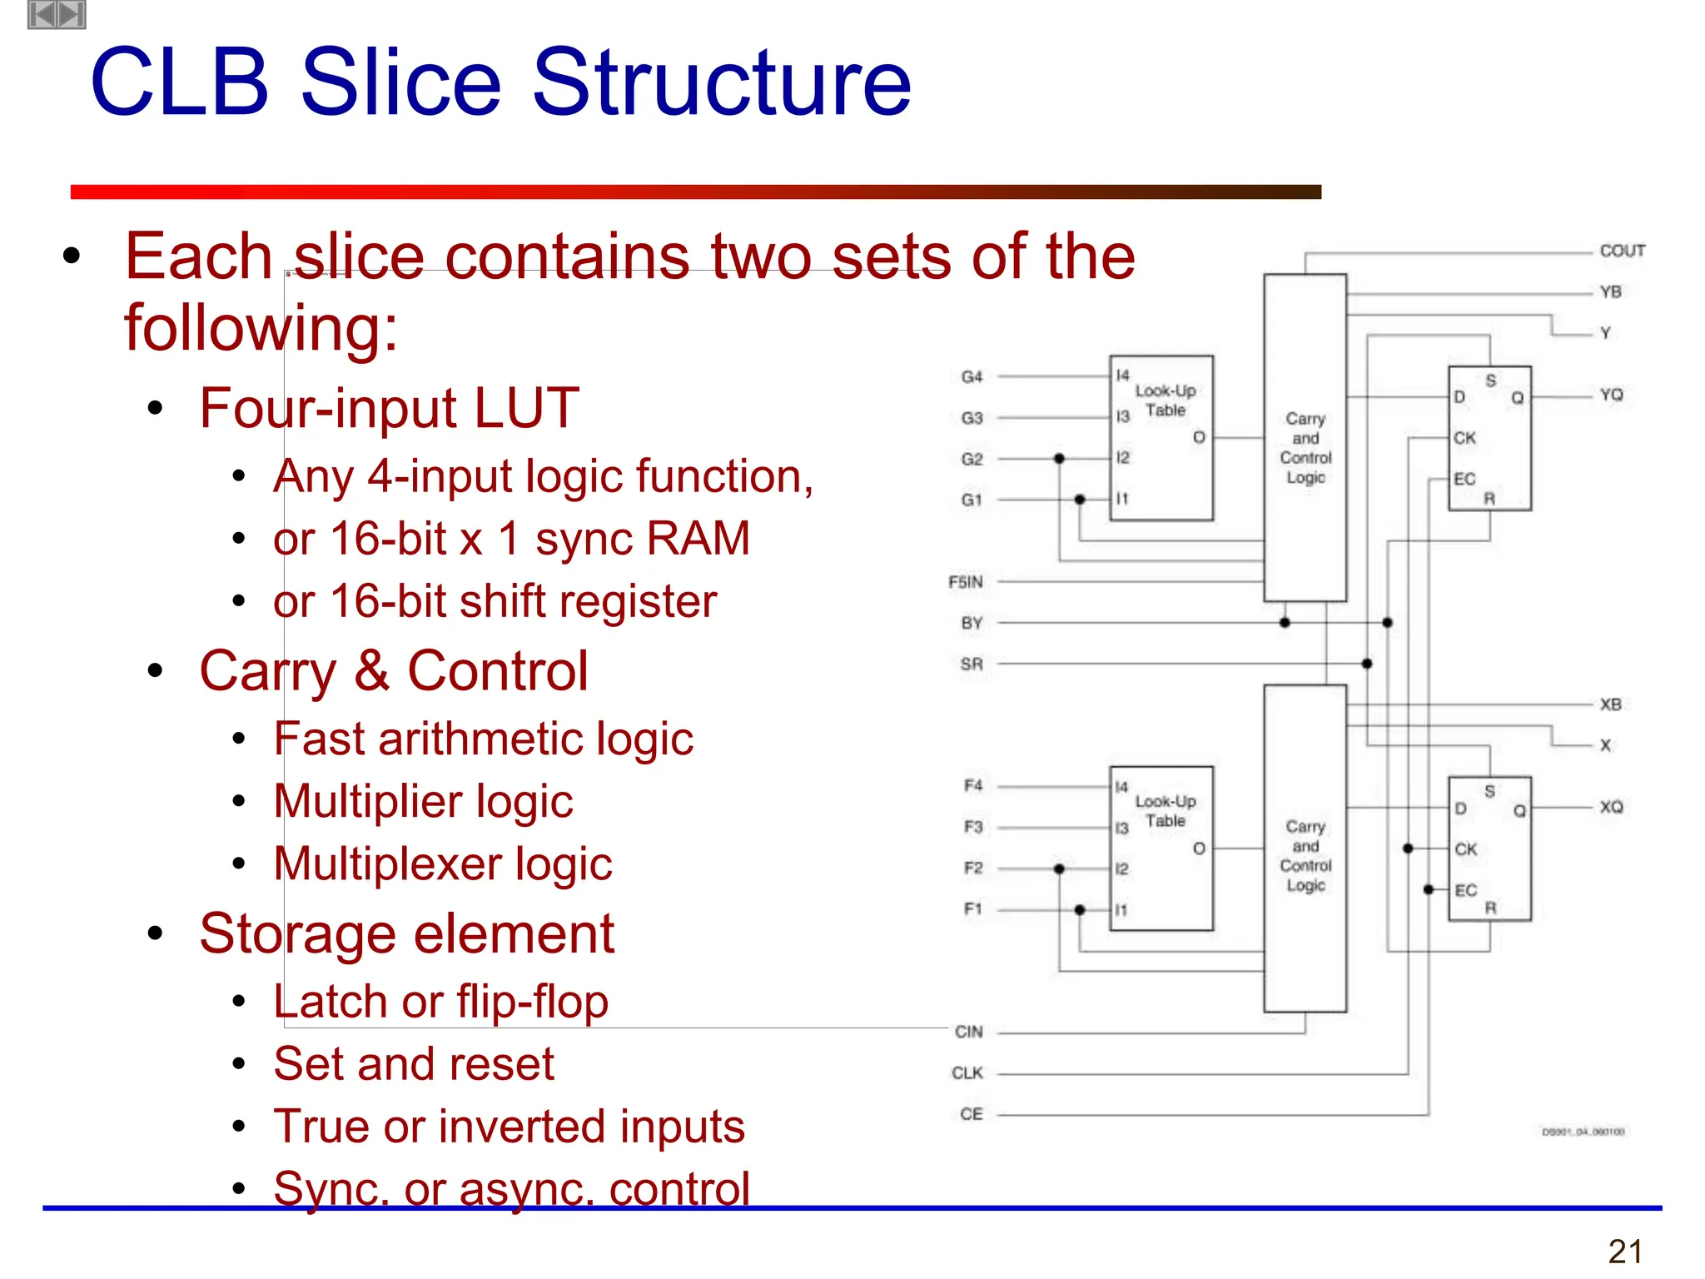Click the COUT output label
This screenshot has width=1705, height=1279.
[x=1622, y=251]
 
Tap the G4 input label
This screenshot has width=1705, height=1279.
[x=972, y=377]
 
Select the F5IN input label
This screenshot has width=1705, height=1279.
[x=965, y=581]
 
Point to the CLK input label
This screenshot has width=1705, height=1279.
[x=967, y=1072]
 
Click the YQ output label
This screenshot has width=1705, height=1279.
[x=1611, y=395]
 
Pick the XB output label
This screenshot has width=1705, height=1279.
[x=1610, y=704]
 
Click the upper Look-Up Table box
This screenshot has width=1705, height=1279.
[x=1161, y=438]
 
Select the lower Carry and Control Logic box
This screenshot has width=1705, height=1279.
[x=1305, y=848]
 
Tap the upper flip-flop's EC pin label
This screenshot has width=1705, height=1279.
[x=1464, y=479]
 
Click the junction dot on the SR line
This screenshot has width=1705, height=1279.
[x=1367, y=664]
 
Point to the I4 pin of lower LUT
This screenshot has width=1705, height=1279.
[x=1121, y=787]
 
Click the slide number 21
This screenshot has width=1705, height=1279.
[x=1625, y=1252]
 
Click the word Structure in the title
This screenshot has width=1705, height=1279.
[x=721, y=82]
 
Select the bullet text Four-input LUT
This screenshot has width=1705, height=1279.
[x=389, y=408]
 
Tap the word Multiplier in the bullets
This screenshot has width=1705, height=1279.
[x=365, y=801]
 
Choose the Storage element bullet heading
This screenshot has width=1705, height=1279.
[x=406, y=933]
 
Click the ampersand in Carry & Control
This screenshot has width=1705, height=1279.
[x=371, y=671]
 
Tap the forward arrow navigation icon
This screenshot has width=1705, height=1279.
[x=72, y=14]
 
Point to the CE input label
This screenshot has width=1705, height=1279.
[x=971, y=1114]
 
